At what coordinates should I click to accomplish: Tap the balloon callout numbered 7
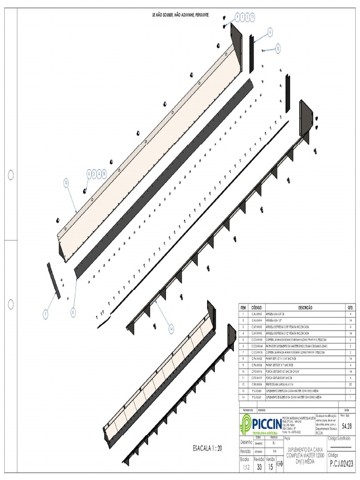pos(46,315)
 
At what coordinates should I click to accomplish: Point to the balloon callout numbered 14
pos(171,330)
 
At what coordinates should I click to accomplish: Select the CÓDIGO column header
pos(256,307)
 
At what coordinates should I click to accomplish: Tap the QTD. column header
pos(350,307)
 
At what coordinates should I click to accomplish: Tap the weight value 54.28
pos(347,426)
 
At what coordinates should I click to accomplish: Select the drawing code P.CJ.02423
pos(341,464)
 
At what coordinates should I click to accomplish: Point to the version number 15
pos(270,467)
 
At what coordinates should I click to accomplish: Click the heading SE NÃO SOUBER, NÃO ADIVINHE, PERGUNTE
pos(180,15)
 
